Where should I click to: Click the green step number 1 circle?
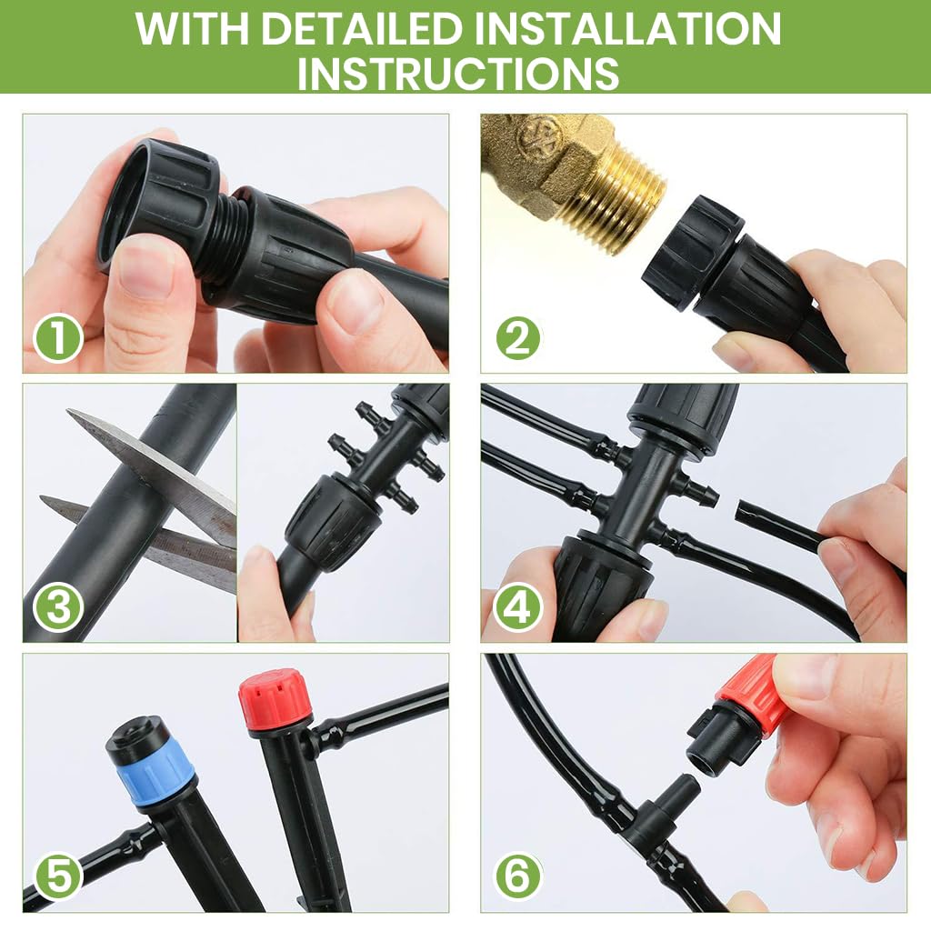[59, 340]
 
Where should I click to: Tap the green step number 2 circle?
[517, 340]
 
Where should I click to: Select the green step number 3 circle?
[59, 608]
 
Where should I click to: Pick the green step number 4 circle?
[517, 608]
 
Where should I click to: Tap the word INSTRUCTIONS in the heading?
[458, 74]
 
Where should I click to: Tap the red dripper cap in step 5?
[270, 699]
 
